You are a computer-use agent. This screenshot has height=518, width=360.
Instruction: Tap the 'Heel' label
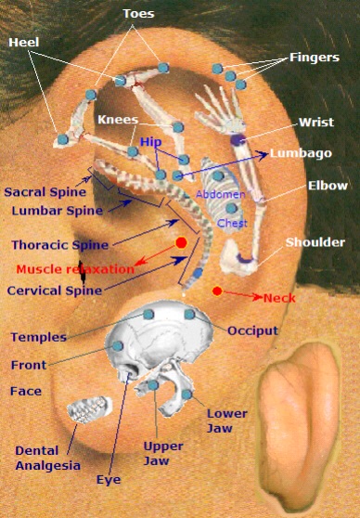point(25,43)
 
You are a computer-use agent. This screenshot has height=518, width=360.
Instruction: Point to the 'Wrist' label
point(316,123)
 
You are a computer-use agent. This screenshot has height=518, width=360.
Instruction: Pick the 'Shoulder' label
point(315,242)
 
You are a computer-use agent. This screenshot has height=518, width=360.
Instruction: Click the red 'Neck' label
point(280,298)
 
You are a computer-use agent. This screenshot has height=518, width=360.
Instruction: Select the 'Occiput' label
point(252,330)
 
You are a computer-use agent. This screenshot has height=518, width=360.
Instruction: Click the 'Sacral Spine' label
point(45,192)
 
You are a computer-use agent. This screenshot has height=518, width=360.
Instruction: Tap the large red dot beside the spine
point(181,243)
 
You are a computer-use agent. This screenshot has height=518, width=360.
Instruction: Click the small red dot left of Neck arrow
point(217,291)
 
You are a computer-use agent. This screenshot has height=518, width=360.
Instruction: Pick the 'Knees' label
point(118,120)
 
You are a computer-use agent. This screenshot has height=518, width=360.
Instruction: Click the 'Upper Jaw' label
point(162,452)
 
